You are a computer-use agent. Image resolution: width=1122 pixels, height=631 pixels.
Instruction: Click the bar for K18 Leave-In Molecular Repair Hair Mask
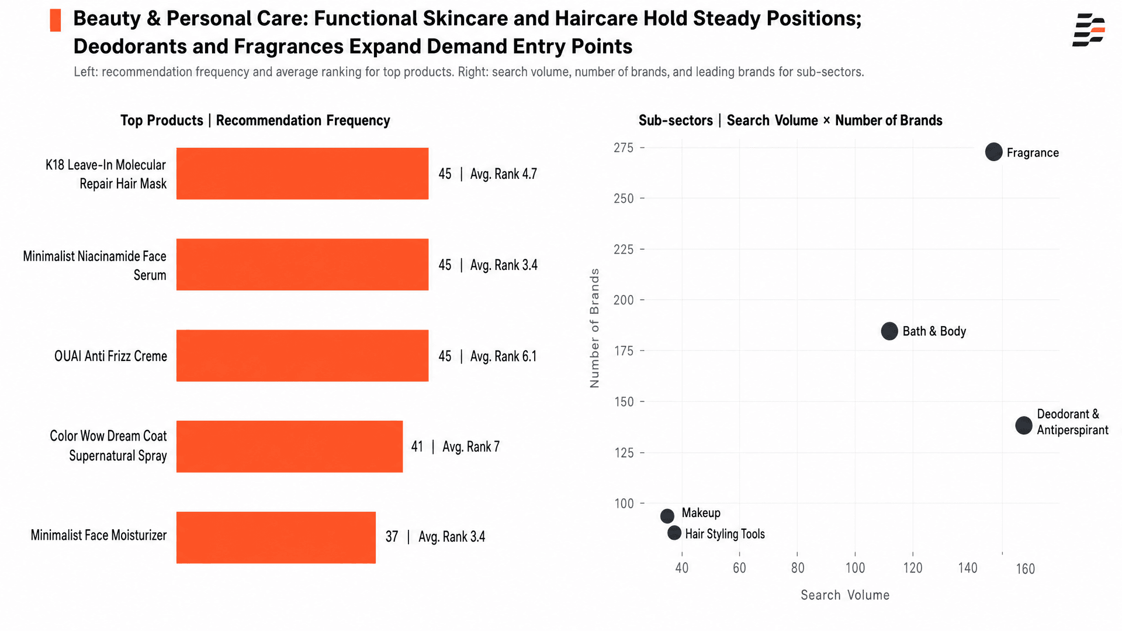coord(302,174)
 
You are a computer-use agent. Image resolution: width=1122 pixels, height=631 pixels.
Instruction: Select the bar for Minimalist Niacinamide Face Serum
coord(302,265)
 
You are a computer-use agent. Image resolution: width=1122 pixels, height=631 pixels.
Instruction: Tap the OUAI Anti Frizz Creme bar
coord(302,356)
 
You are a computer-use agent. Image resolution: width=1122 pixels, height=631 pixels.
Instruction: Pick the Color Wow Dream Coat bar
coord(289,446)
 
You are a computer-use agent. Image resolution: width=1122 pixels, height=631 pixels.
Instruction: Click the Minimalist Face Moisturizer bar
coord(276,538)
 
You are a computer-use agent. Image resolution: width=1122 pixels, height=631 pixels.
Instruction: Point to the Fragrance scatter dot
coord(993,152)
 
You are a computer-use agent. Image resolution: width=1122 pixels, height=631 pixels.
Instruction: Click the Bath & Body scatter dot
coord(889,331)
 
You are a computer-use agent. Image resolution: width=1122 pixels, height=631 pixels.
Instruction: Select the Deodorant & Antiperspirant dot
coord(1024,425)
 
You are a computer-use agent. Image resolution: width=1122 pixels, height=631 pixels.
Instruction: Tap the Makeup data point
coord(667,516)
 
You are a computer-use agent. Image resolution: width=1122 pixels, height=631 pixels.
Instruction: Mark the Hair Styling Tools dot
coord(674,533)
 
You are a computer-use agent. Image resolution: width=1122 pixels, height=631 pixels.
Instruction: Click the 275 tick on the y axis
coord(624,148)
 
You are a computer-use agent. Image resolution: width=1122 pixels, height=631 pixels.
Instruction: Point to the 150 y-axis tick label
coord(624,402)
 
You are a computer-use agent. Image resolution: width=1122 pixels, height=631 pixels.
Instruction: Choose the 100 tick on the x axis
coord(855,568)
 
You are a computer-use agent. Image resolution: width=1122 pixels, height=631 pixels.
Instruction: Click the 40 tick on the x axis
coord(681,568)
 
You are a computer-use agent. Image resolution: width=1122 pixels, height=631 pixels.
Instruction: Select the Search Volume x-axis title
coord(845,595)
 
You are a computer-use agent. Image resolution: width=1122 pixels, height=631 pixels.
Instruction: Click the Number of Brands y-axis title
coord(595,328)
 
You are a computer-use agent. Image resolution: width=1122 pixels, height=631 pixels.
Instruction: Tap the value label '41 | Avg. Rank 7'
coord(455,447)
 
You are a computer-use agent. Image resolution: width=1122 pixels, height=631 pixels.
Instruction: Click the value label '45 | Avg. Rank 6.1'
coord(487,356)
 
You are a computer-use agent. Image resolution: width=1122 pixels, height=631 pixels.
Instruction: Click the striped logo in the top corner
coord(1089,30)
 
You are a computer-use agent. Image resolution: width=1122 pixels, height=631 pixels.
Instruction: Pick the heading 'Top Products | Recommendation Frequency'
coord(255,120)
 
